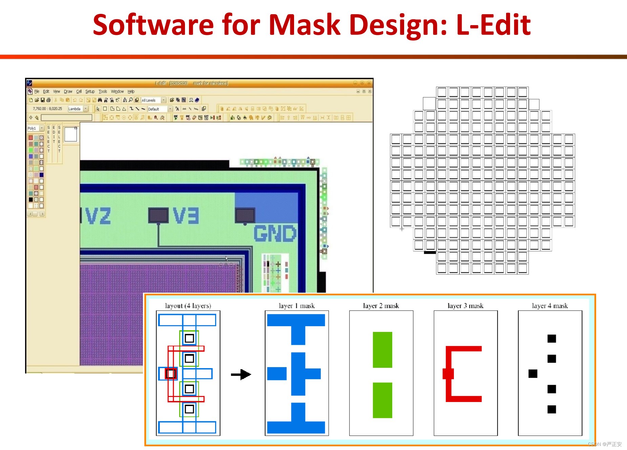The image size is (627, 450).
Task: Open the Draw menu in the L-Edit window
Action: click(x=68, y=92)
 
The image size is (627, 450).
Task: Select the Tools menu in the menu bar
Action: click(x=103, y=92)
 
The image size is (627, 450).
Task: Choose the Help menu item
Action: click(x=131, y=92)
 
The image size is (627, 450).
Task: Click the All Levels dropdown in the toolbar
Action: click(x=153, y=100)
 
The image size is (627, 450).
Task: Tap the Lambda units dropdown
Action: click(x=78, y=109)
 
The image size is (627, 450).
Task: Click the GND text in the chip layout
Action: click(x=275, y=233)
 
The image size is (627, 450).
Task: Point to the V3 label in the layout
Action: click(x=186, y=216)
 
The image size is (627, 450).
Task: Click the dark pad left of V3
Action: click(x=159, y=216)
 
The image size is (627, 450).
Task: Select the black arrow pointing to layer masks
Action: click(x=241, y=375)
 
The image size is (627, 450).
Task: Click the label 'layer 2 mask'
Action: click(x=381, y=306)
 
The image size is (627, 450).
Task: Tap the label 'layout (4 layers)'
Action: click(x=188, y=306)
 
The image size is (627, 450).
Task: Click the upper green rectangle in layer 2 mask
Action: click(x=382, y=350)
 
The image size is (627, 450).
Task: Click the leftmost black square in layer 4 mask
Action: click(x=533, y=374)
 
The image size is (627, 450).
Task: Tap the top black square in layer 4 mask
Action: click(x=552, y=339)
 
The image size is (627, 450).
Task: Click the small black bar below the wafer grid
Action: click(x=430, y=252)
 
